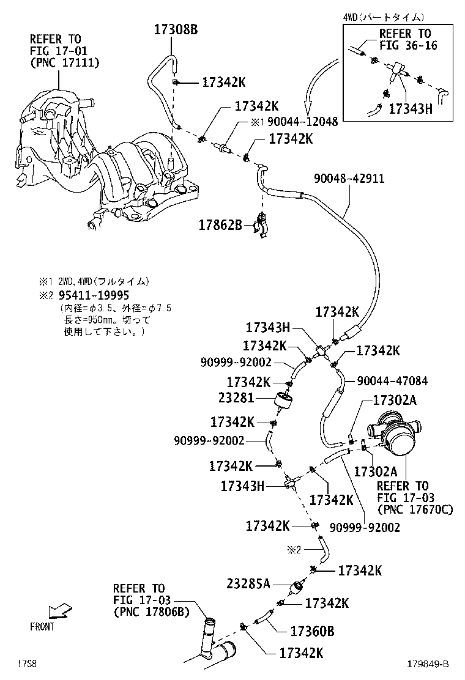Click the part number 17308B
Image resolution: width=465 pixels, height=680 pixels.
(x=176, y=29)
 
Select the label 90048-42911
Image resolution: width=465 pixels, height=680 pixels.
(x=349, y=179)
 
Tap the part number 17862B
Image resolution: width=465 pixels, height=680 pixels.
(x=220, y=224)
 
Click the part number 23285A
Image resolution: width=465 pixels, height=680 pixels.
(x=248, y=583)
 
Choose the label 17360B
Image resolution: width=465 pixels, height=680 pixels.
(x=312, y=630)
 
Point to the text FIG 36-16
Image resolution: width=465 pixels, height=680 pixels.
(x=408, y=45)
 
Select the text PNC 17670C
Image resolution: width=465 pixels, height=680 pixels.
(x=415, y=509)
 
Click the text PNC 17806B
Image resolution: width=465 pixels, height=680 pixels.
(x=151, y=611)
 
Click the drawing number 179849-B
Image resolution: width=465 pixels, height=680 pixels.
(x=427, y=664)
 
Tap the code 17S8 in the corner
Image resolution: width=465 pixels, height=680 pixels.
(x=26, y=663)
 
